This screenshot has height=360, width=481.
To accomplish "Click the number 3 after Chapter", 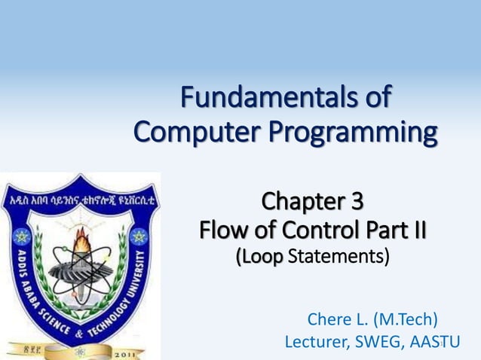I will (x=355, y=202).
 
